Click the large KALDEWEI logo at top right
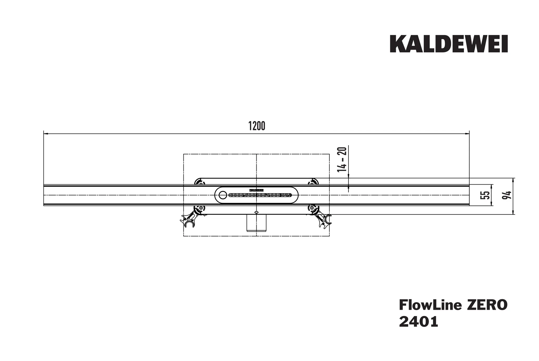[x=448, y=44]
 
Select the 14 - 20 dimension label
[x=342, y=159]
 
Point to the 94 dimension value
[x=508, y=195]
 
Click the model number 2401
[x=418, y=322]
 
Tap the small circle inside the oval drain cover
[x=223, y=195]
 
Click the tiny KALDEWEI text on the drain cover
[x=256, y=190]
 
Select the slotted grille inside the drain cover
[x=260, y=195]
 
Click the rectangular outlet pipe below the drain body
[x=256, y=223]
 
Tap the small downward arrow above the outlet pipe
[x=257, y=212]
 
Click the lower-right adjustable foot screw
[x=312, y=208]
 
